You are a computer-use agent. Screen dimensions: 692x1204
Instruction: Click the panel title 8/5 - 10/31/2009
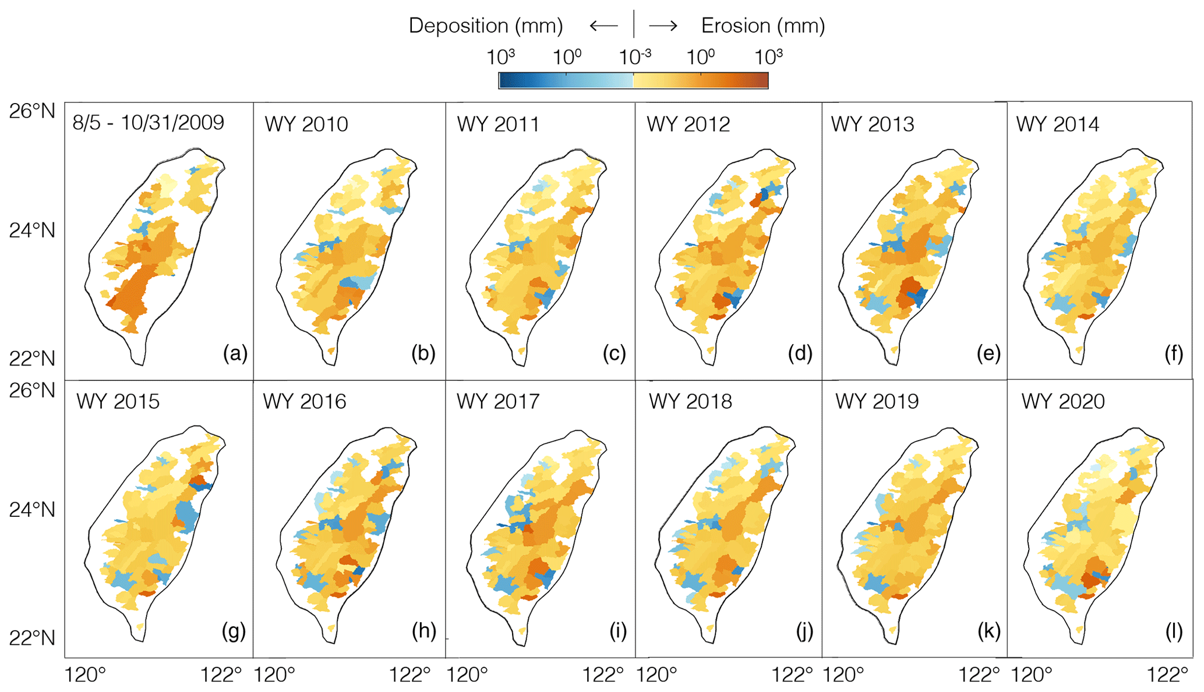[x=148, y=123]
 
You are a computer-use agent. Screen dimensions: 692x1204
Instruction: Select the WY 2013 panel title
[x=873, y=125]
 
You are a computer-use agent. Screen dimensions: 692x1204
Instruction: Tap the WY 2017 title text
[x=498, y=402]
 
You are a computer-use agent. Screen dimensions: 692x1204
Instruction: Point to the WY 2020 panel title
[x=1063, y=402]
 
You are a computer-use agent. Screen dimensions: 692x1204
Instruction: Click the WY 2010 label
[x=306, y=125]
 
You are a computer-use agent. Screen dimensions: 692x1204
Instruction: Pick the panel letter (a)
[x=235, y=353]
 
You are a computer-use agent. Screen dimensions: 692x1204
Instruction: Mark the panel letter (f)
[x=1173, y=353]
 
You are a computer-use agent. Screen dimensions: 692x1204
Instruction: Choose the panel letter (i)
[x=617, y=630]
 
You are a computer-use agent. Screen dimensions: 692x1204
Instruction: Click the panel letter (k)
[x=988, y=630]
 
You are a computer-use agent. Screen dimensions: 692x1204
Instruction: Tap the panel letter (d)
[x=800, y=353]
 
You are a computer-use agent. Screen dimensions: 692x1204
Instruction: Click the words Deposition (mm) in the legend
[x=486, y=26]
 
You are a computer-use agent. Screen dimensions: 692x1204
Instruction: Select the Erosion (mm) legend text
[x=763, y=26]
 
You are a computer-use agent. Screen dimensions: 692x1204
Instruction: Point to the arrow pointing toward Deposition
[x=603, y=26]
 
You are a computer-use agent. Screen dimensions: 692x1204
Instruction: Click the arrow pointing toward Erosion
[x=663, y=26]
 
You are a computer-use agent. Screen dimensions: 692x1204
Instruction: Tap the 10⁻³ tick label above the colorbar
[x=634, y=57]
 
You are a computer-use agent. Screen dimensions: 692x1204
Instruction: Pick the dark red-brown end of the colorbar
[x=764, y=80]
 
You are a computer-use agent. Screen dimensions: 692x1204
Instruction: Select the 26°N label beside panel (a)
[x=32, y=111]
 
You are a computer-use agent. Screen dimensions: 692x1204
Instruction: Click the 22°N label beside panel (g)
[x=32, y=638]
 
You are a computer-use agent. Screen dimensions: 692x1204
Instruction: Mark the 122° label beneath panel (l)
[x=1167, y=675]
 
